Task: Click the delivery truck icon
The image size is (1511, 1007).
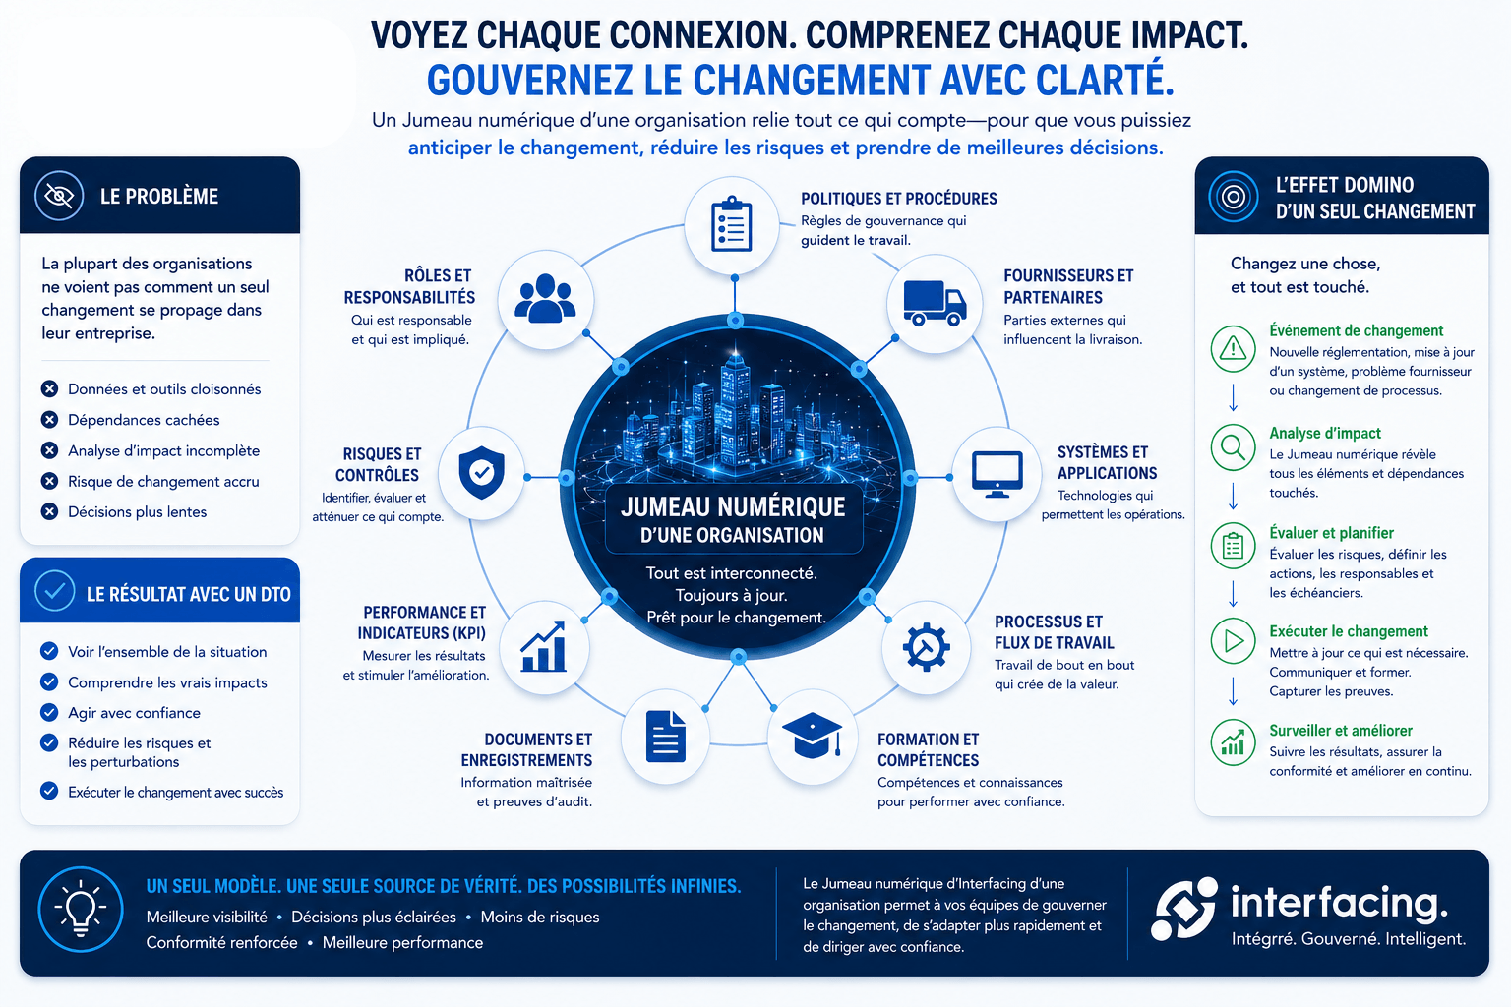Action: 935,304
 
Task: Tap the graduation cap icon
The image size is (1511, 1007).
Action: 813,736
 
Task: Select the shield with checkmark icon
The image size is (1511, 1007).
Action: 482,473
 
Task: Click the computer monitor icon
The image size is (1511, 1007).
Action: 997,474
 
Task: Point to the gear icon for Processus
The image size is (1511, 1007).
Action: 926,647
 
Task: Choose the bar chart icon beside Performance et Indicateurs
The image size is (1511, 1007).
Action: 544,646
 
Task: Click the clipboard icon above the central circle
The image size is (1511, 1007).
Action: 732,224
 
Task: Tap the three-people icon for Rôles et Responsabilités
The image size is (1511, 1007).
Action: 545,298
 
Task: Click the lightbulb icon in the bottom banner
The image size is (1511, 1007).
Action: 81,908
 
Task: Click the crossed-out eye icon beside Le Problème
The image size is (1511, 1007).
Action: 59,196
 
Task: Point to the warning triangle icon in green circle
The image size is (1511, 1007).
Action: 1233,349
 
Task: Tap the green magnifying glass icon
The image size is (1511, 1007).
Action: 1233,447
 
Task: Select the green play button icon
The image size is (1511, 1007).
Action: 1233,641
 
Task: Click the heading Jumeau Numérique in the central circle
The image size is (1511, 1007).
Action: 733,506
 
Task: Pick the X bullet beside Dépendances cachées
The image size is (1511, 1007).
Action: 49,420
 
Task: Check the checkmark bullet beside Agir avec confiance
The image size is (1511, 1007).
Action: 49,712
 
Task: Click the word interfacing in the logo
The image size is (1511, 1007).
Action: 1338,903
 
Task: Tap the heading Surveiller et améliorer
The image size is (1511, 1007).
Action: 1341,731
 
